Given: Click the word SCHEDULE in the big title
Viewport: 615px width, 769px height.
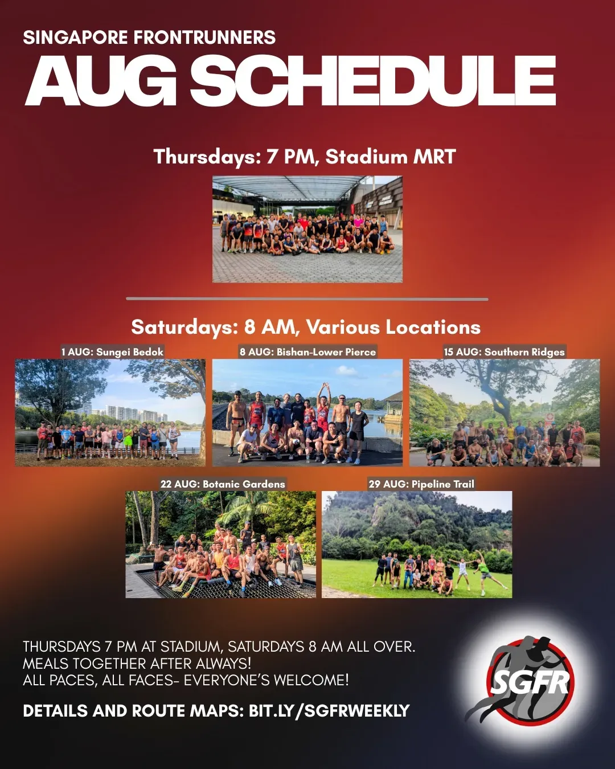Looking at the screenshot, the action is pos(373,81).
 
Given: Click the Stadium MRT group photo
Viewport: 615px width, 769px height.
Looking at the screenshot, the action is pos(307,229).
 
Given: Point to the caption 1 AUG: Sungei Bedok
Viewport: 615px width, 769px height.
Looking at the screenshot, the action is pos(112,352).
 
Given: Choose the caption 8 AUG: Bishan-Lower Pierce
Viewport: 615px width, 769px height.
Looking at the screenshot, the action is pos(307,352).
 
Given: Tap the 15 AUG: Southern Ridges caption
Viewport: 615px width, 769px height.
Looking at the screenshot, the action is pos(504,352).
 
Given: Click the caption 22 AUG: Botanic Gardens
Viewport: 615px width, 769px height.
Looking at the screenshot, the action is pos(223,484).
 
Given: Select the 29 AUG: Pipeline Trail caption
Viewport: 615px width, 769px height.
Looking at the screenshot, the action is pos(421,484).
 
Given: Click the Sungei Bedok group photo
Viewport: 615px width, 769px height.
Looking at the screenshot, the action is pos(110,413).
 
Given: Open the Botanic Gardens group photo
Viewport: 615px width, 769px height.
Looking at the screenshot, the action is pos(220,545).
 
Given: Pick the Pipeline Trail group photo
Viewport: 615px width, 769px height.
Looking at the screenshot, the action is pos(417,545).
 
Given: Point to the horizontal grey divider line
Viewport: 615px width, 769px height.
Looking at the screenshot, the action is pos(307,299).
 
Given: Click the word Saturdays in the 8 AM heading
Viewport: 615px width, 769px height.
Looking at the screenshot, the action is pos(184,328).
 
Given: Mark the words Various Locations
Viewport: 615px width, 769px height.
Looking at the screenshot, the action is pos(393,328).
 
